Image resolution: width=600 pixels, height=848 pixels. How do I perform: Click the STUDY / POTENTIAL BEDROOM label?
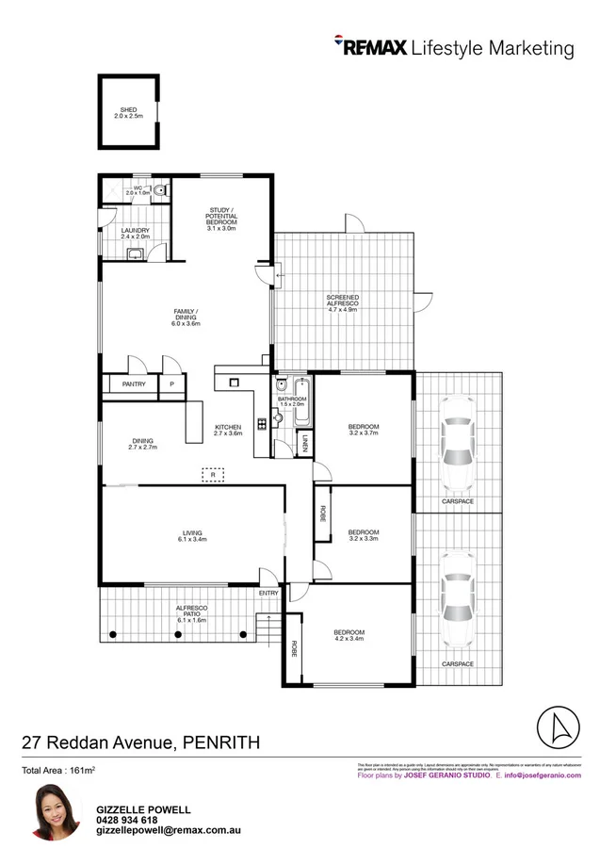223,216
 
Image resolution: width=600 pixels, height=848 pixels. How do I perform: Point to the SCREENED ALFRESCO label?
342,302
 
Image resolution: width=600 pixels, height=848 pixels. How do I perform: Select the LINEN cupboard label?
304,443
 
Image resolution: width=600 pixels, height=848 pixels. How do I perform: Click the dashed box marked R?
213,475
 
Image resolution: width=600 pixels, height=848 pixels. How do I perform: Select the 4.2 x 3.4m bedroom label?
349,635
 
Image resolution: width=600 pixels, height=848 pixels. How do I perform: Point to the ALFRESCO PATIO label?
191,616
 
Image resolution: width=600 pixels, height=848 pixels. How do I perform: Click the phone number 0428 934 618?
127,820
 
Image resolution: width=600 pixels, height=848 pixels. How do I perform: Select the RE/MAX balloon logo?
340,42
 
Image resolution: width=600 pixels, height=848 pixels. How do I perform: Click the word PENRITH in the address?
221,743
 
